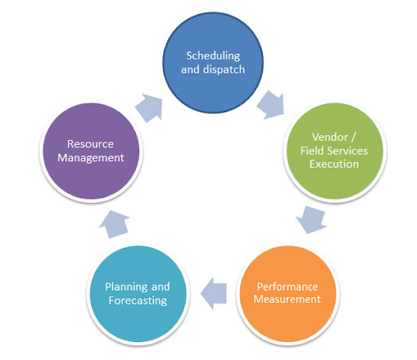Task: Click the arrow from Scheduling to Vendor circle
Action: tap(271, 104)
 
